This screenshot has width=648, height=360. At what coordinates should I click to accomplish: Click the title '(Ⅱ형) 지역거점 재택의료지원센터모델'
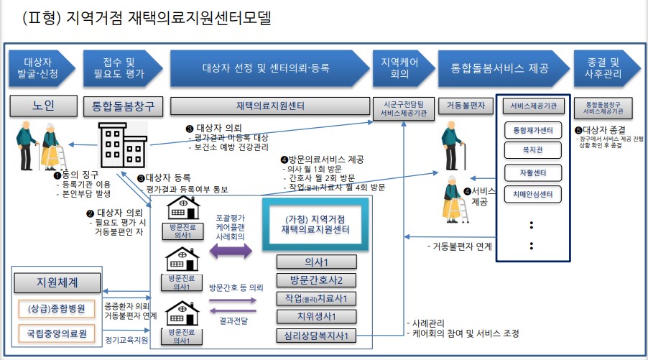click(x=147, y=18)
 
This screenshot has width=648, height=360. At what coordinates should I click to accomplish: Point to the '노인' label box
click(x=42, y=106)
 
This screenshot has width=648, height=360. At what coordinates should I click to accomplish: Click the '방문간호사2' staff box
click(x=316, y=280)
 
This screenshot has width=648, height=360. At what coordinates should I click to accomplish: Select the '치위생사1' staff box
click(x=316, y=316)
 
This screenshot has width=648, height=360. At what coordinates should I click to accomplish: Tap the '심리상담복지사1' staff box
click(x=316, y=335)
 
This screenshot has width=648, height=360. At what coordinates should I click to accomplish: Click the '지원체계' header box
click(x=56, y=280)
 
